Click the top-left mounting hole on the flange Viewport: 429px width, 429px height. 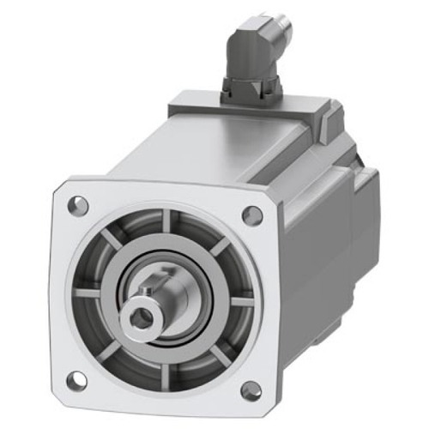(78, 205)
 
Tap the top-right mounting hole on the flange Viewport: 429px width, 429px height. (251, 215)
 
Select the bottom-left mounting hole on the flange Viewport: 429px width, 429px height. (76, 377)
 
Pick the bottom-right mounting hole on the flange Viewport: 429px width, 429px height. (251, 391)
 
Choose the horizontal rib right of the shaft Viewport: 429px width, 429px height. (242, 301)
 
